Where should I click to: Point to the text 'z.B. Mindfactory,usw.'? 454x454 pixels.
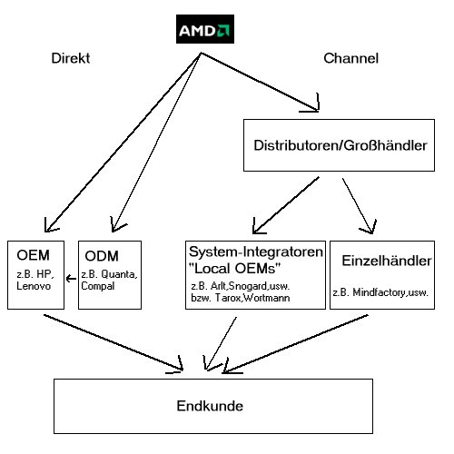coord(380,292)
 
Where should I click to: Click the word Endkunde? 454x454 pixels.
coord(212,406)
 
